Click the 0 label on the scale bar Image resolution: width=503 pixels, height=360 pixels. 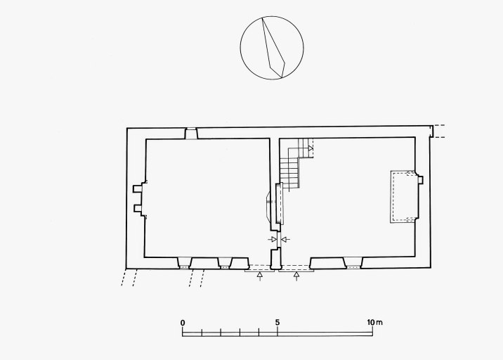(x=183, y=323)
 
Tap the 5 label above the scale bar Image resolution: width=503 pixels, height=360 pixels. (x=277, y=323)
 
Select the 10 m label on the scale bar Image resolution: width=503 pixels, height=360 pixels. (x=374, y=322)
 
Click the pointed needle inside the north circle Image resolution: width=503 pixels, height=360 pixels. (x=273, y=49)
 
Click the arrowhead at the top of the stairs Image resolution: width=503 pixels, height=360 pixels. (x=311, y=148)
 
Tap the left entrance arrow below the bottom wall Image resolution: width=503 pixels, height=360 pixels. (x=260, y=276)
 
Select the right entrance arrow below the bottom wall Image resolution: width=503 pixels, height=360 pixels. (x=296, y=276)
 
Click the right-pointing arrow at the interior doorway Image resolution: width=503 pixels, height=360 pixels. (x=272, y=239)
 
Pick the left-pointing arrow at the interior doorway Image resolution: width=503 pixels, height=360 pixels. (x=285, y=239)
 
